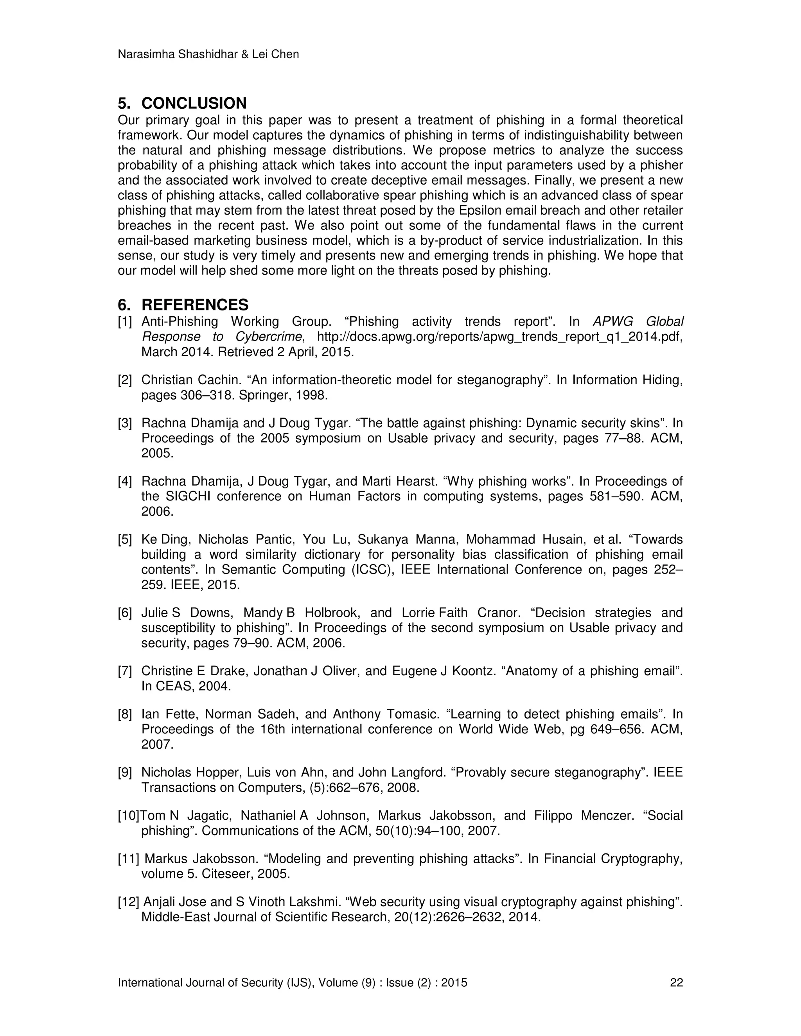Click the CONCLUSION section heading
coord(194,104)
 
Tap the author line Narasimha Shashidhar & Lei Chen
coord(208,55)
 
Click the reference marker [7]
coord(125,671)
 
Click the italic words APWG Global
coord(638,322)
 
